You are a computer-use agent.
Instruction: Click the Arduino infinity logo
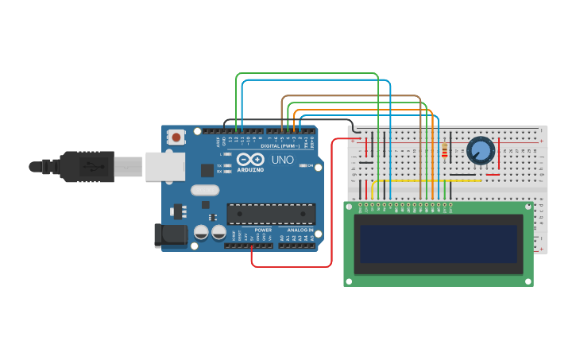(x=250, y=160)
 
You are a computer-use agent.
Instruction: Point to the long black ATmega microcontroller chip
(x=271, y=214)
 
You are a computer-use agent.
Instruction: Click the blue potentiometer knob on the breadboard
(x=480, y=150)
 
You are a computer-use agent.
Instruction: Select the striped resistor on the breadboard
(x=443, y=152)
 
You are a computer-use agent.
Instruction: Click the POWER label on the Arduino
(x=263, y=230)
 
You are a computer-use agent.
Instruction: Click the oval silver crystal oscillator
(x=204, y=191)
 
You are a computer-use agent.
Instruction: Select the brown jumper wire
(x=350, y=96)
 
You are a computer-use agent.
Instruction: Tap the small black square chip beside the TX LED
(x=207, y=169)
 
